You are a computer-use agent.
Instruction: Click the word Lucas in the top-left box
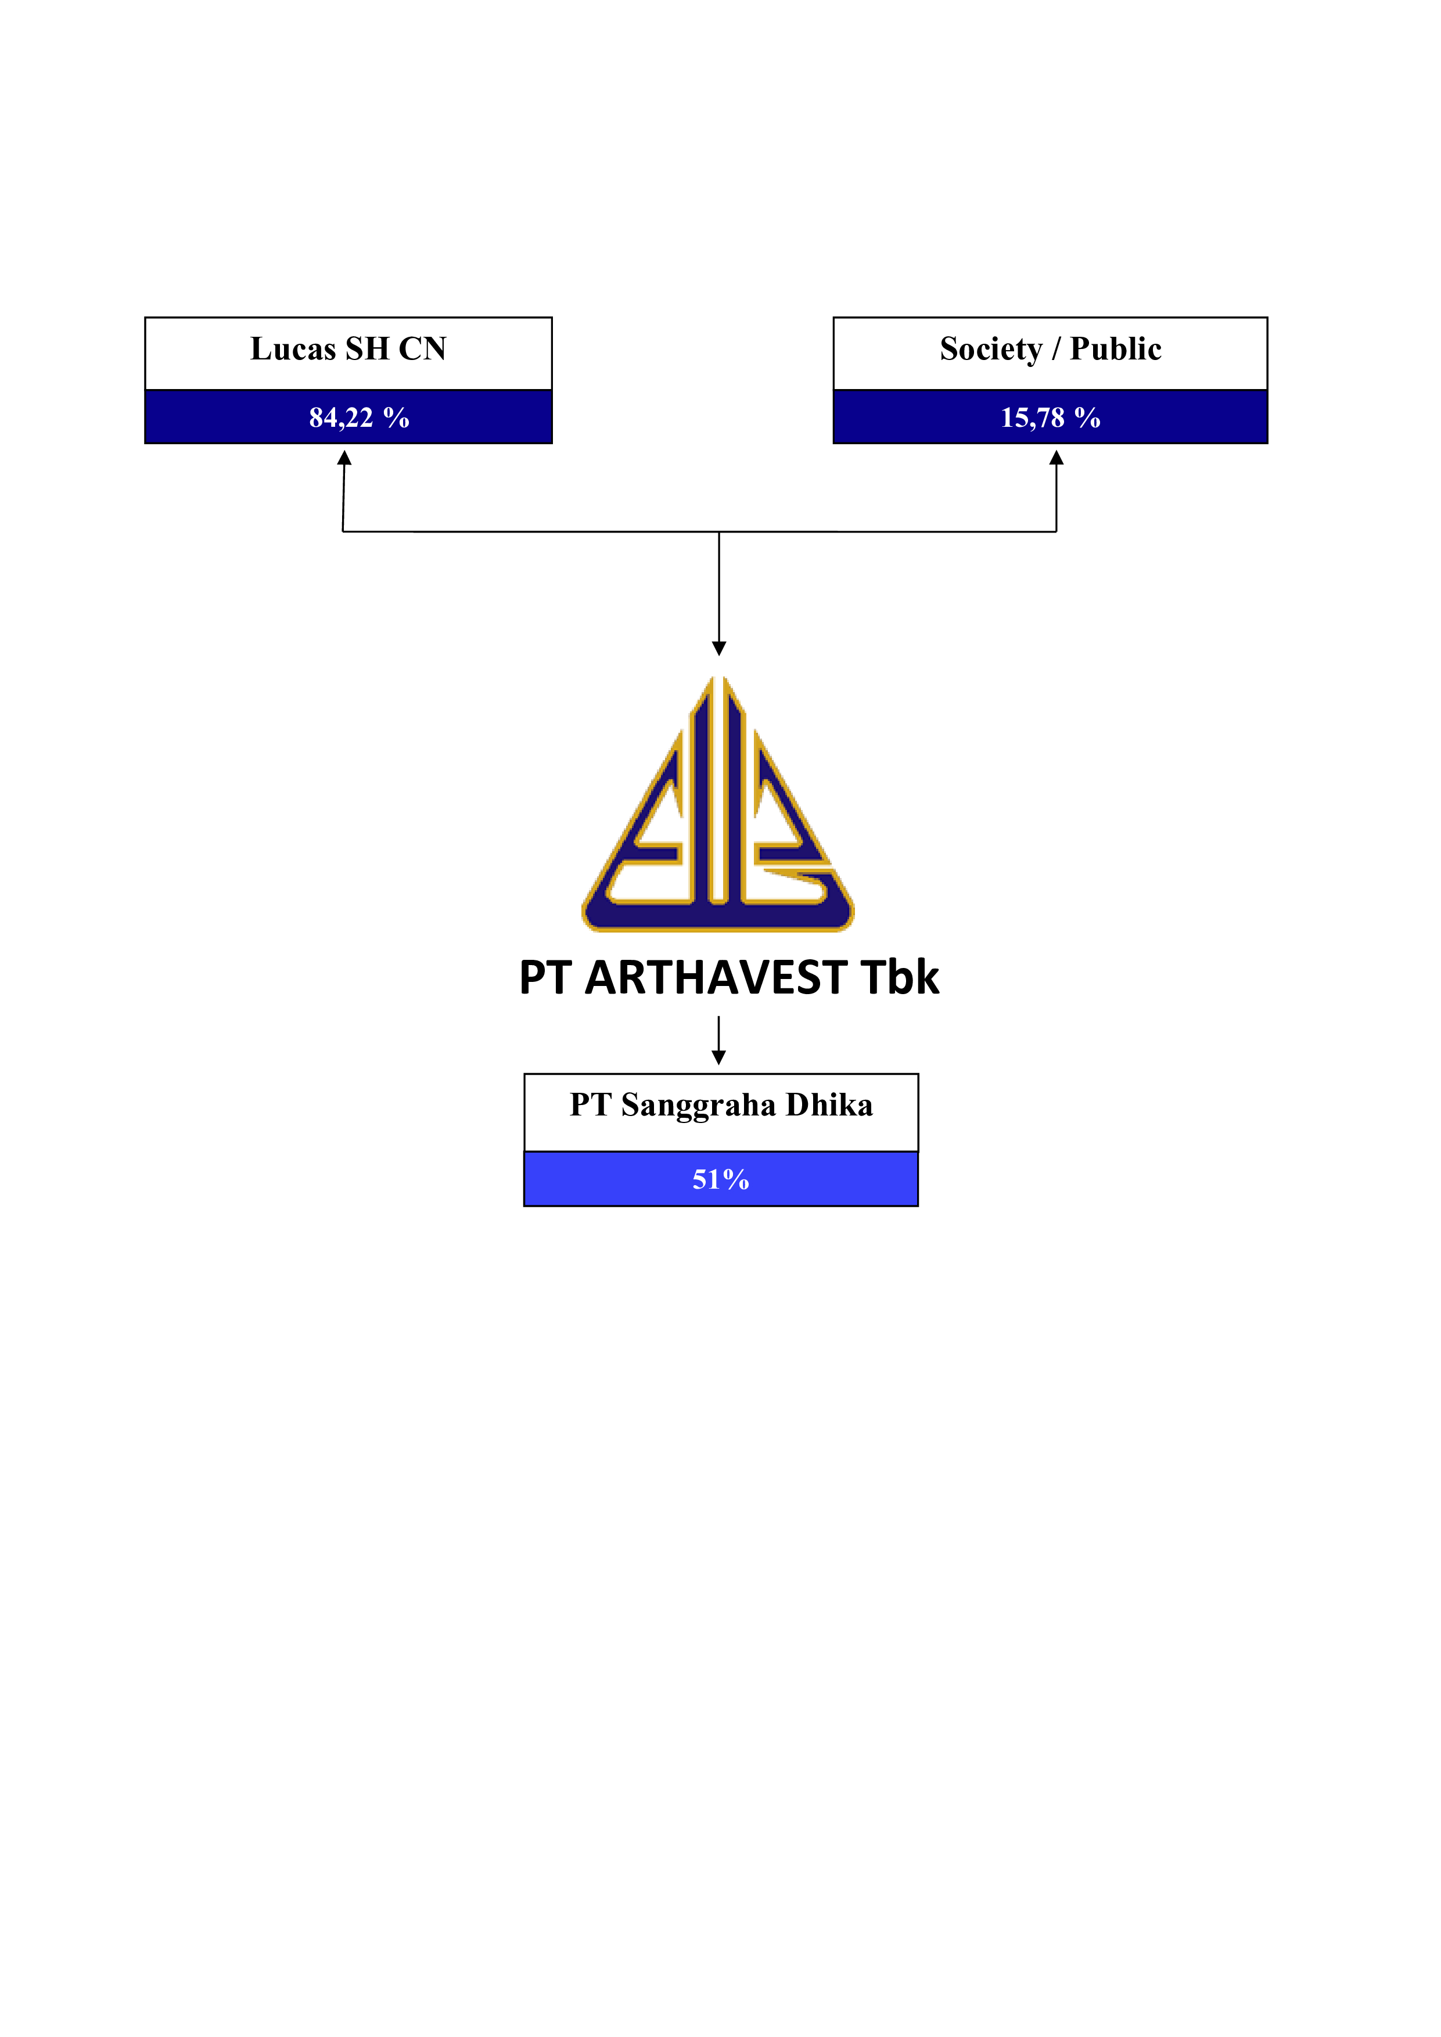[x=293, y=348]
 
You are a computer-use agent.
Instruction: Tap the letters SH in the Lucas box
[x=367, y=348]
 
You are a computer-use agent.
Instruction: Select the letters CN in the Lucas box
[x=422, y=348]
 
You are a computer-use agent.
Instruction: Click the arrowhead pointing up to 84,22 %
[x=344, y=458]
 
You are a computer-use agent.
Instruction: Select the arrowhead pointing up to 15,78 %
[x=1056, y=458]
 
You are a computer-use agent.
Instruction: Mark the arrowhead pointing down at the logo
[x=718, y=649]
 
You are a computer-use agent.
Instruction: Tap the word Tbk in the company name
[x=900, y=978]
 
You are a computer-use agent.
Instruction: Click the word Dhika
[x=829, y=1104]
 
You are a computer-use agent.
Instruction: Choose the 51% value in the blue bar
[x=720, y=1179]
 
